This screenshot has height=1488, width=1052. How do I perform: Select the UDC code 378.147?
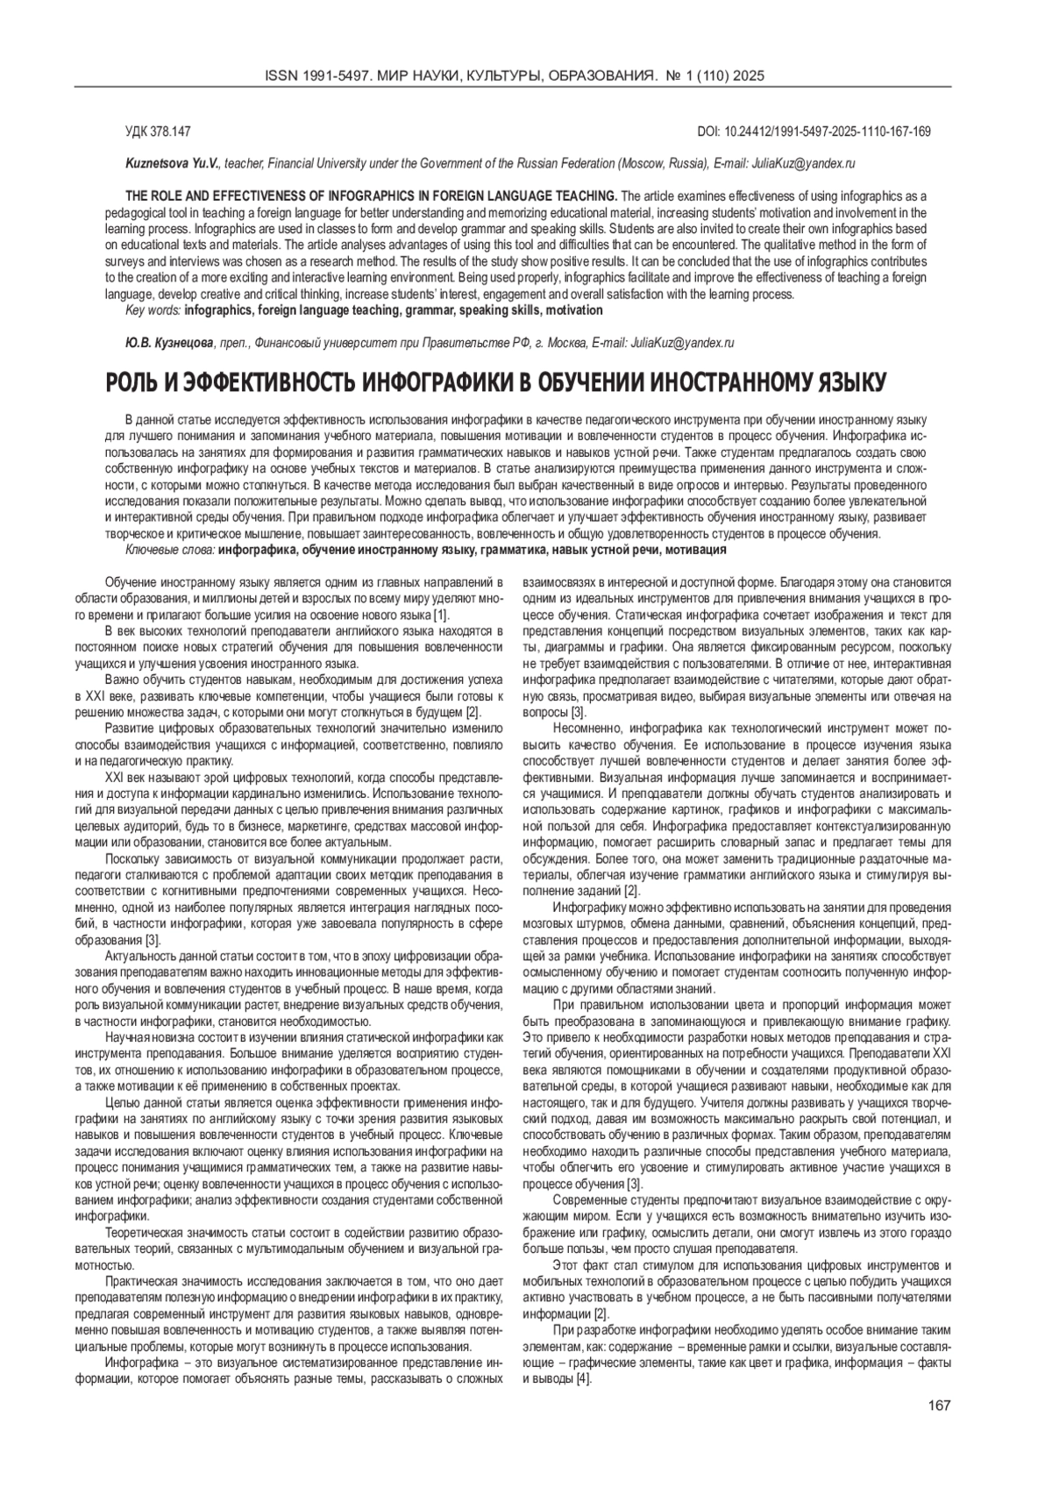point(171,132)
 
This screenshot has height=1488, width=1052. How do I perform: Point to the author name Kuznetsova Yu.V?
point(174,164)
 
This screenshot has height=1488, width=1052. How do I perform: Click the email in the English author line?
point(803,164)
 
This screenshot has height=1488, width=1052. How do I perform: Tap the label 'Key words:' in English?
point(153,310)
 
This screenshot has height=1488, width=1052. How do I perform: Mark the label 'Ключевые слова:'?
point(170,550)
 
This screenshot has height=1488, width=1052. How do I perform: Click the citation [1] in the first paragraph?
point(442,616)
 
